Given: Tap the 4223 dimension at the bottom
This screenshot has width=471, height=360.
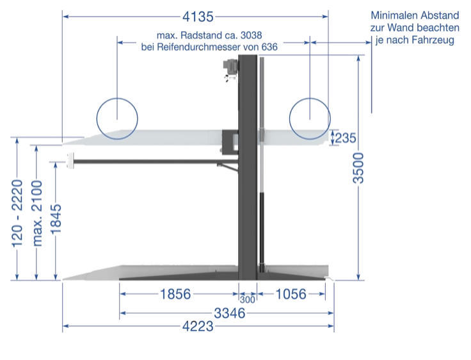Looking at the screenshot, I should (198, 325).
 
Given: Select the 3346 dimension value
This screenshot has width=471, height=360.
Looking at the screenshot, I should (229, 313).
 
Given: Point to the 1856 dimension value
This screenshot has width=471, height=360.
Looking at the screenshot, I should (174, 294).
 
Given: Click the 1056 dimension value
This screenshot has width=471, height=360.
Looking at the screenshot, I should (291, 294).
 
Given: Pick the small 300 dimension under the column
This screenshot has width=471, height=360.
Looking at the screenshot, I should (247, 298).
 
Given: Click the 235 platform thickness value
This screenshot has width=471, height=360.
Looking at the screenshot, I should (346, 136).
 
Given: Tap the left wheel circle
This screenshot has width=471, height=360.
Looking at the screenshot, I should (117, 117).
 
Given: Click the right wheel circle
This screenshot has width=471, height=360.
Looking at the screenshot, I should (310, 117).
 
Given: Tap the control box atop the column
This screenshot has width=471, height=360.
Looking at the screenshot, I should (228, 67).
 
